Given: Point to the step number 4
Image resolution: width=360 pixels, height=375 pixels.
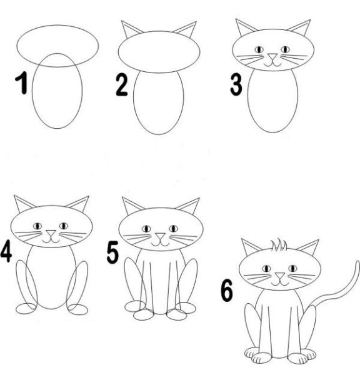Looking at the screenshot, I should click(x=6, y=252).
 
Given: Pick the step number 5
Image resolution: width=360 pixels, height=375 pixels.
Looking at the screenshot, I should click(x=112, y=252).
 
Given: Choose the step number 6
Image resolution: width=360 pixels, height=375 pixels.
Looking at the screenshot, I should click(x=226, y=291).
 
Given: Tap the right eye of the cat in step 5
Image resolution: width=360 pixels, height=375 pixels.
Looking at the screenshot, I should click(x=172, y=228).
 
